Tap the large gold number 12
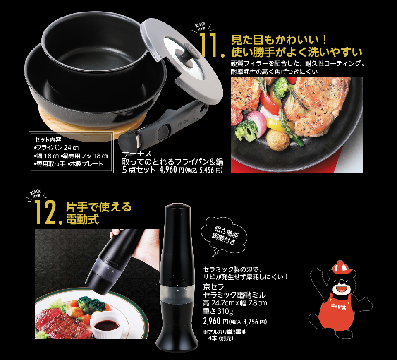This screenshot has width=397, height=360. tap(45, 212)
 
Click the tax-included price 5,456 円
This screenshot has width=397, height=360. tap(210, 170)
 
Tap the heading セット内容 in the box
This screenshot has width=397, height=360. tap(48, 139)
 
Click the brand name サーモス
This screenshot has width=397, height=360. tap(137, 153)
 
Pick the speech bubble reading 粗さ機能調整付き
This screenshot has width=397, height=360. tap(224, 235)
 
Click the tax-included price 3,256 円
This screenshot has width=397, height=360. tap(255, 322)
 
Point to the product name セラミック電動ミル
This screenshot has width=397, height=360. tap(234, 295)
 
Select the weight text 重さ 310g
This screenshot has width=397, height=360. tap(218, 311)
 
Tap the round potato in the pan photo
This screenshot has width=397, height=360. tap(278, 140)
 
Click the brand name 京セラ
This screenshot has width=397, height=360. tap(214, 287)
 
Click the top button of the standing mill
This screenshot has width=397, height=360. tap(177, 204)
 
